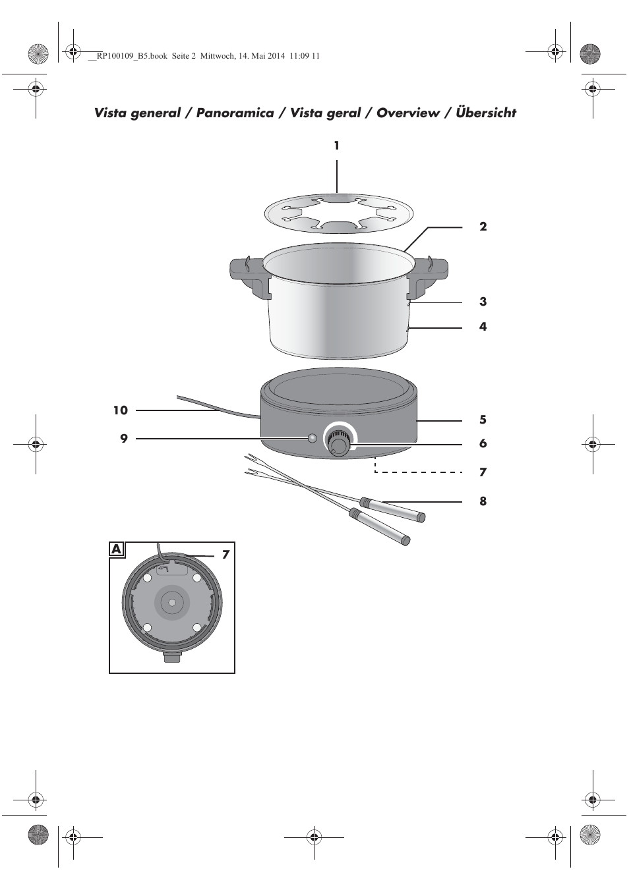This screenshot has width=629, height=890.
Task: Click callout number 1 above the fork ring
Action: point(337,146)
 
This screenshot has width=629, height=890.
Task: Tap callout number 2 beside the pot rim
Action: point(483,227)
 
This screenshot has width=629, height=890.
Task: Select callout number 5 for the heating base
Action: point(483,420)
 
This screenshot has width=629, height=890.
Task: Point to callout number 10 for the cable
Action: point(121,410)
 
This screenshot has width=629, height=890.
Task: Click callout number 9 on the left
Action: point(124,439)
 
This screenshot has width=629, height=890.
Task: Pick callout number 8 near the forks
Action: point(483,501)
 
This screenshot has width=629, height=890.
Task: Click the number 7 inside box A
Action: point(226,554)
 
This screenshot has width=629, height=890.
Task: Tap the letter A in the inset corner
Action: point(117,549)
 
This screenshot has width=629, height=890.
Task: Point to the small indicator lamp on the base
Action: point(312,438)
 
